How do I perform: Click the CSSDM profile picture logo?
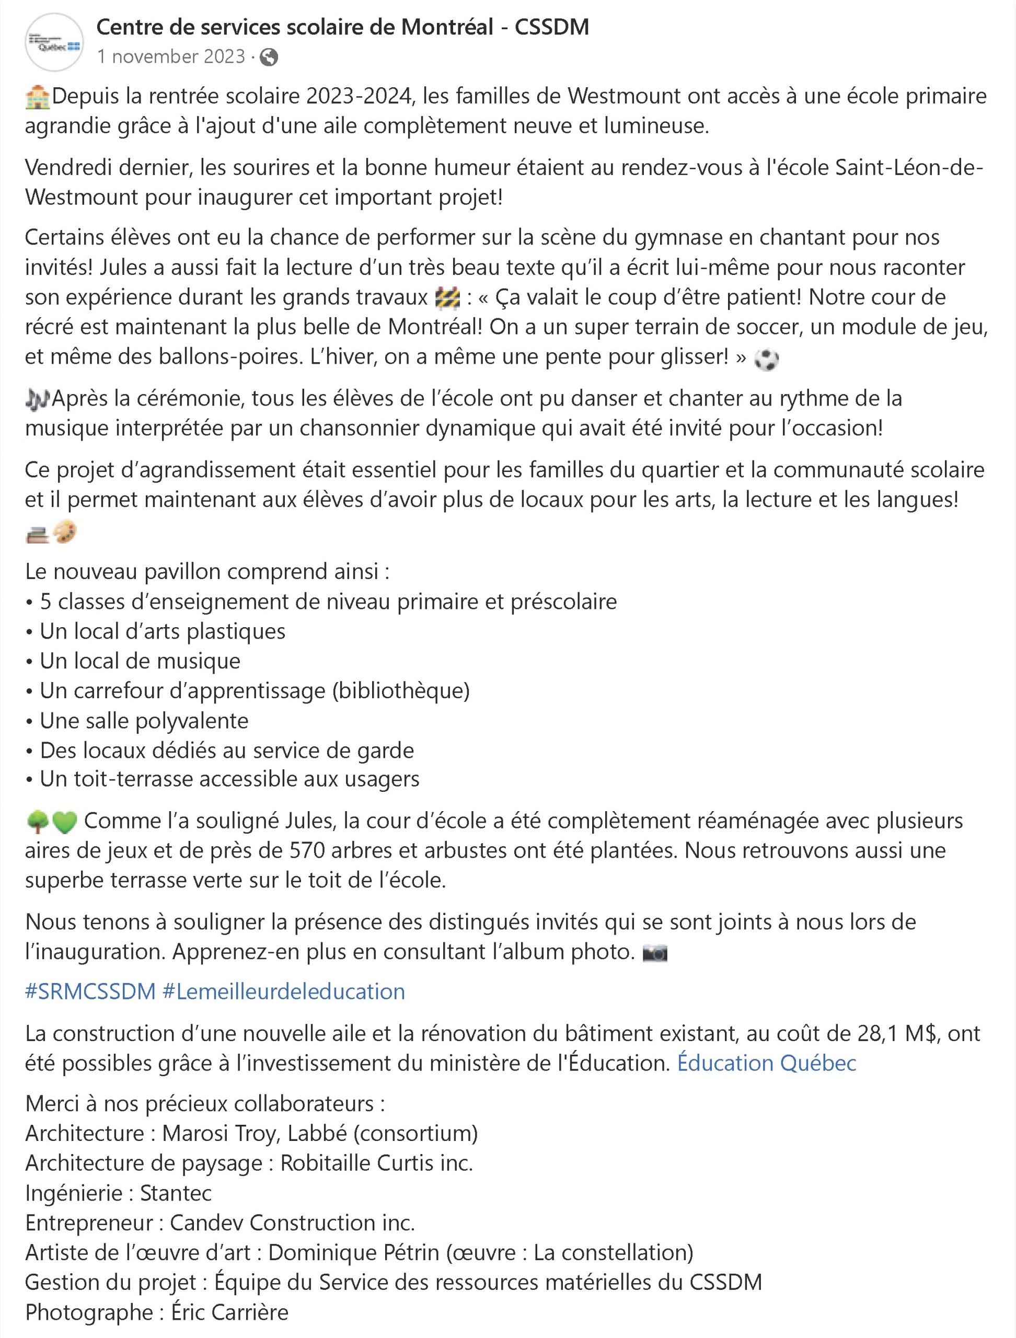(53, 42)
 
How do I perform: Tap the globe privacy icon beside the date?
(269, 57)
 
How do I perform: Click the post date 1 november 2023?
(170, 57)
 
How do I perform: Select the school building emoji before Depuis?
(37, 97)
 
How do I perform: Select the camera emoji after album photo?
(654, 954)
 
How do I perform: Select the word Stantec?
(176, 1193)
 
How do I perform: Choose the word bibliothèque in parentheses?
(400, 691)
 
